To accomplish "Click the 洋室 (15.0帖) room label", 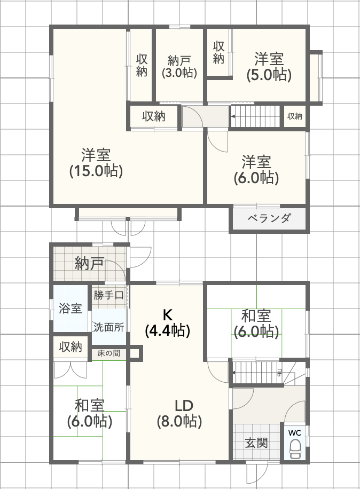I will (96, 163).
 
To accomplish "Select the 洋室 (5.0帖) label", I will (269, 66).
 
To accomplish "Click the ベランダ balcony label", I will (269, 218).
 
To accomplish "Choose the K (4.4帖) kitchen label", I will (168, 322).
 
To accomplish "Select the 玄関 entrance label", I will (256, 443).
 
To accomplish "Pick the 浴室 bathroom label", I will (70, 309).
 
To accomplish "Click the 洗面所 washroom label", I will (108, 327).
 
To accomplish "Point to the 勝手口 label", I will (108, 295).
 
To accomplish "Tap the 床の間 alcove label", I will (108, 353).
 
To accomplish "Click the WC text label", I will (295, 432).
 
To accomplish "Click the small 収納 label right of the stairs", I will (295, 116).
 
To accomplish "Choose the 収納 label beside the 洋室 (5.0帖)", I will (218, 53).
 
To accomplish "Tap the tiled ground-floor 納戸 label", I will (89, 263).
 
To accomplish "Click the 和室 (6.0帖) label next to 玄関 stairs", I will (256, 324).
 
